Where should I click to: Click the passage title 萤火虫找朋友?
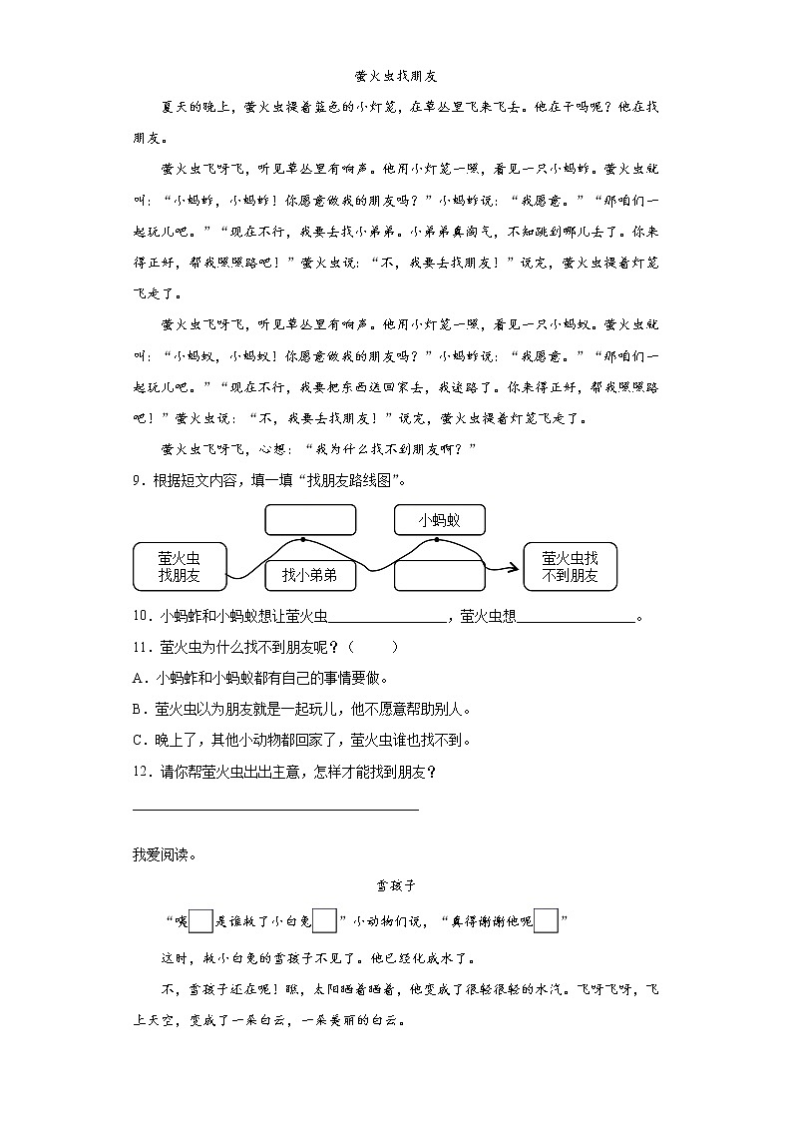[396, 76]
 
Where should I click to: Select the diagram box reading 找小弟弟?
[309, 575]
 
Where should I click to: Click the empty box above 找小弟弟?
[309, 520]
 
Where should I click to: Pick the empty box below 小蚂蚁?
[439, 576]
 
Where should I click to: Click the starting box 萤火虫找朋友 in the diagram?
[180, 566]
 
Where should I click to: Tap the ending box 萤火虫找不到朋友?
[570, 566]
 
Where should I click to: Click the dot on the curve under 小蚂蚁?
[437, 539]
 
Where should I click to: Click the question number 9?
[138, 479]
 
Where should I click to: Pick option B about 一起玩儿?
[300, 710]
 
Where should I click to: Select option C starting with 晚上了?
[300, 741]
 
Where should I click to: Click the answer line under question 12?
[275, 808]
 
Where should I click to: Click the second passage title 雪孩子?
[396, 884]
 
